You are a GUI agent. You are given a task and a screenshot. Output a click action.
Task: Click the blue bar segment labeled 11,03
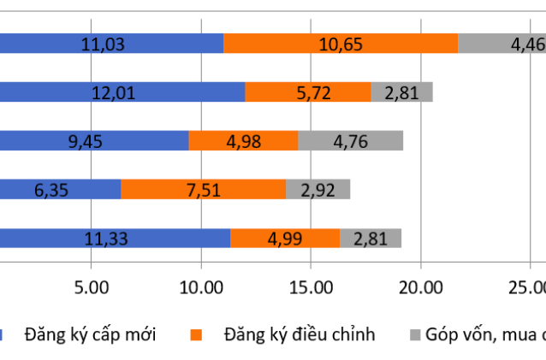click(x=111, y=44)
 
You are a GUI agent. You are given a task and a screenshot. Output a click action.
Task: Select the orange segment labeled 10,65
click(x=341, y=44)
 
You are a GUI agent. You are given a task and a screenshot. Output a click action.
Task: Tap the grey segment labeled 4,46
click(x=501, y=44)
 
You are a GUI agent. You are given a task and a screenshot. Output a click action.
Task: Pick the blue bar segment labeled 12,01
click(x=122, y=92)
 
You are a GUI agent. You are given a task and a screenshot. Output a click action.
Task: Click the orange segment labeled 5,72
click(x=308, y=92)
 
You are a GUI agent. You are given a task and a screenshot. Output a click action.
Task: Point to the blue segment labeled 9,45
click(x=94, y=141)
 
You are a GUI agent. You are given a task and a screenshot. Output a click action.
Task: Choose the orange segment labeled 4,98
click(x=243, y=141)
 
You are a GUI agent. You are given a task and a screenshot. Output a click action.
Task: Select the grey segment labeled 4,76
click(x=350, y=141)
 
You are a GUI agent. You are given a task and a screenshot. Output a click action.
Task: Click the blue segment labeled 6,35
click(x=60, y=189)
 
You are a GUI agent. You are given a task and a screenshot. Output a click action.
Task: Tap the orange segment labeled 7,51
click(x=203, y=189)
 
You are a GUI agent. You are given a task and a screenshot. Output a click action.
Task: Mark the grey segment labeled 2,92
click(x=318, y=189)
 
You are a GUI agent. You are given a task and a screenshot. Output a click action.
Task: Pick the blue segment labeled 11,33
click(x=115, y=239)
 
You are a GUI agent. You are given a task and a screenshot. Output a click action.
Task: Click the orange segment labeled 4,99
click(x=285, y=239)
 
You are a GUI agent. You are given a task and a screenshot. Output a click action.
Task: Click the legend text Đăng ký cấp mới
click(x=90, y=334)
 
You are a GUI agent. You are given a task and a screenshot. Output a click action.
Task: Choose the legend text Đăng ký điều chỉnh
click(x=299, y=334)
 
